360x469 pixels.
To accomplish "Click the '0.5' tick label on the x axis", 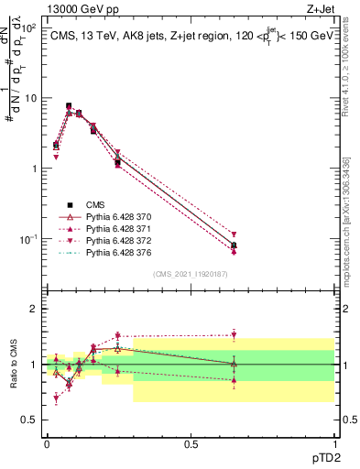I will pos(191,442).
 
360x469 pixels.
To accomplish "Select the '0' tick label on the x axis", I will pos(47,442).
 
